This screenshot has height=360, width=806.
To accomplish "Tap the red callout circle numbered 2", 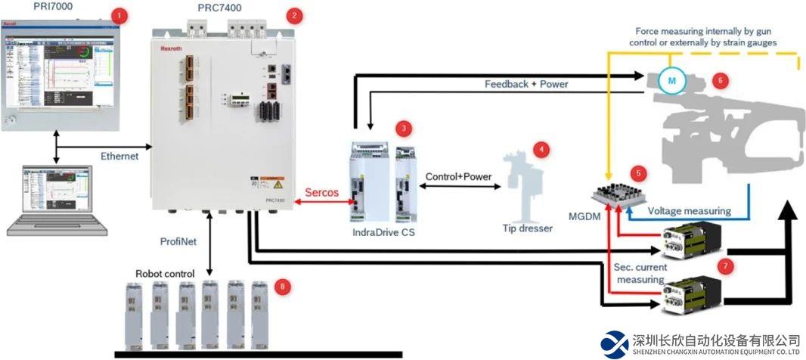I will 295,14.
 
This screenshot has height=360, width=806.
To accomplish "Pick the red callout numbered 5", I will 640,173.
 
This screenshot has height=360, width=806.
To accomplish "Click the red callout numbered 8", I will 283,287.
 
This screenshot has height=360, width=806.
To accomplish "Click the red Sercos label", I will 321,192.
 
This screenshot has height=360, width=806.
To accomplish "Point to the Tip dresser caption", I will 528,228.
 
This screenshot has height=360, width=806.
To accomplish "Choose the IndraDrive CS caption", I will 384,232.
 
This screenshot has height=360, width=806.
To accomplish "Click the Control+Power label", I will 459,176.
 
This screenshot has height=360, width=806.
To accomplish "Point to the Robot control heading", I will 165,273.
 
